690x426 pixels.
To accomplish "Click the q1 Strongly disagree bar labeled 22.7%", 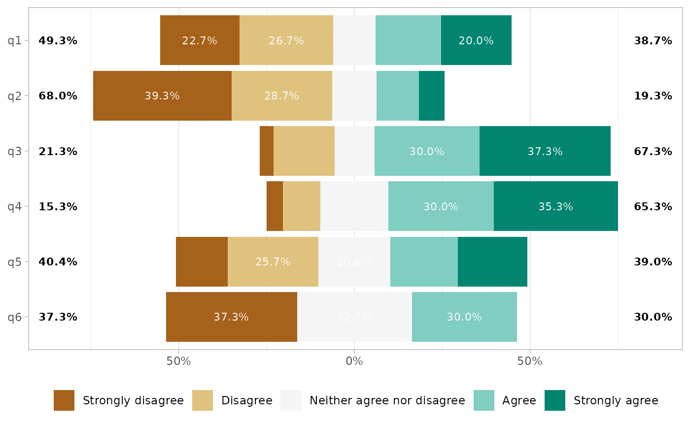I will (x=200, y=40).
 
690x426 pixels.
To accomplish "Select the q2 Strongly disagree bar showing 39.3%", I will (x=162, y=96).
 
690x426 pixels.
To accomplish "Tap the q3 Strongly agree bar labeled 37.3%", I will (x=545, y=151).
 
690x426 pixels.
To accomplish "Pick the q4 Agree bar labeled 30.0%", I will (x=441, y=206).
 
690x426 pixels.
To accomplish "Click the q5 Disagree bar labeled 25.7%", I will (x=273, y=262).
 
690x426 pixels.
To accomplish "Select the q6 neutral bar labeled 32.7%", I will (x=354, y=317).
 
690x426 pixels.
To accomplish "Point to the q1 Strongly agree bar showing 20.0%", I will (x=476, y=40).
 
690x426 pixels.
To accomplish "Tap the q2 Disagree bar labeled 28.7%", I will (x=281, y=96).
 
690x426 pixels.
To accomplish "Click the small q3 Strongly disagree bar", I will (x=267, y=151).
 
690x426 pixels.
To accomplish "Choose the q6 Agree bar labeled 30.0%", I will (x=464, y=317).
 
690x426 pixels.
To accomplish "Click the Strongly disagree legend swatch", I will (x=64, y=400).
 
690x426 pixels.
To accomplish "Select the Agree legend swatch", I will (x=484, y=400).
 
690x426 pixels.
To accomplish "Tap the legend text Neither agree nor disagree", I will (x=387, y=400).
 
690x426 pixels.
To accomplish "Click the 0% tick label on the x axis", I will (x=354, y=361).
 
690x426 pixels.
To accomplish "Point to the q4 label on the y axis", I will (x=15, y=206).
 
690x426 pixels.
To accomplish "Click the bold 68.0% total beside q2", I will (x=58, y=96).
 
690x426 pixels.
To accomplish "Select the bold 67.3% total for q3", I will (x=653, y=151).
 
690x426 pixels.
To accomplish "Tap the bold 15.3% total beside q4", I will (x=58, y=206).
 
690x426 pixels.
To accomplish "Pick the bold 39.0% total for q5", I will (x=653, y=262).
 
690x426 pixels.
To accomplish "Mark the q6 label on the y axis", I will (x=15, y=317).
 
